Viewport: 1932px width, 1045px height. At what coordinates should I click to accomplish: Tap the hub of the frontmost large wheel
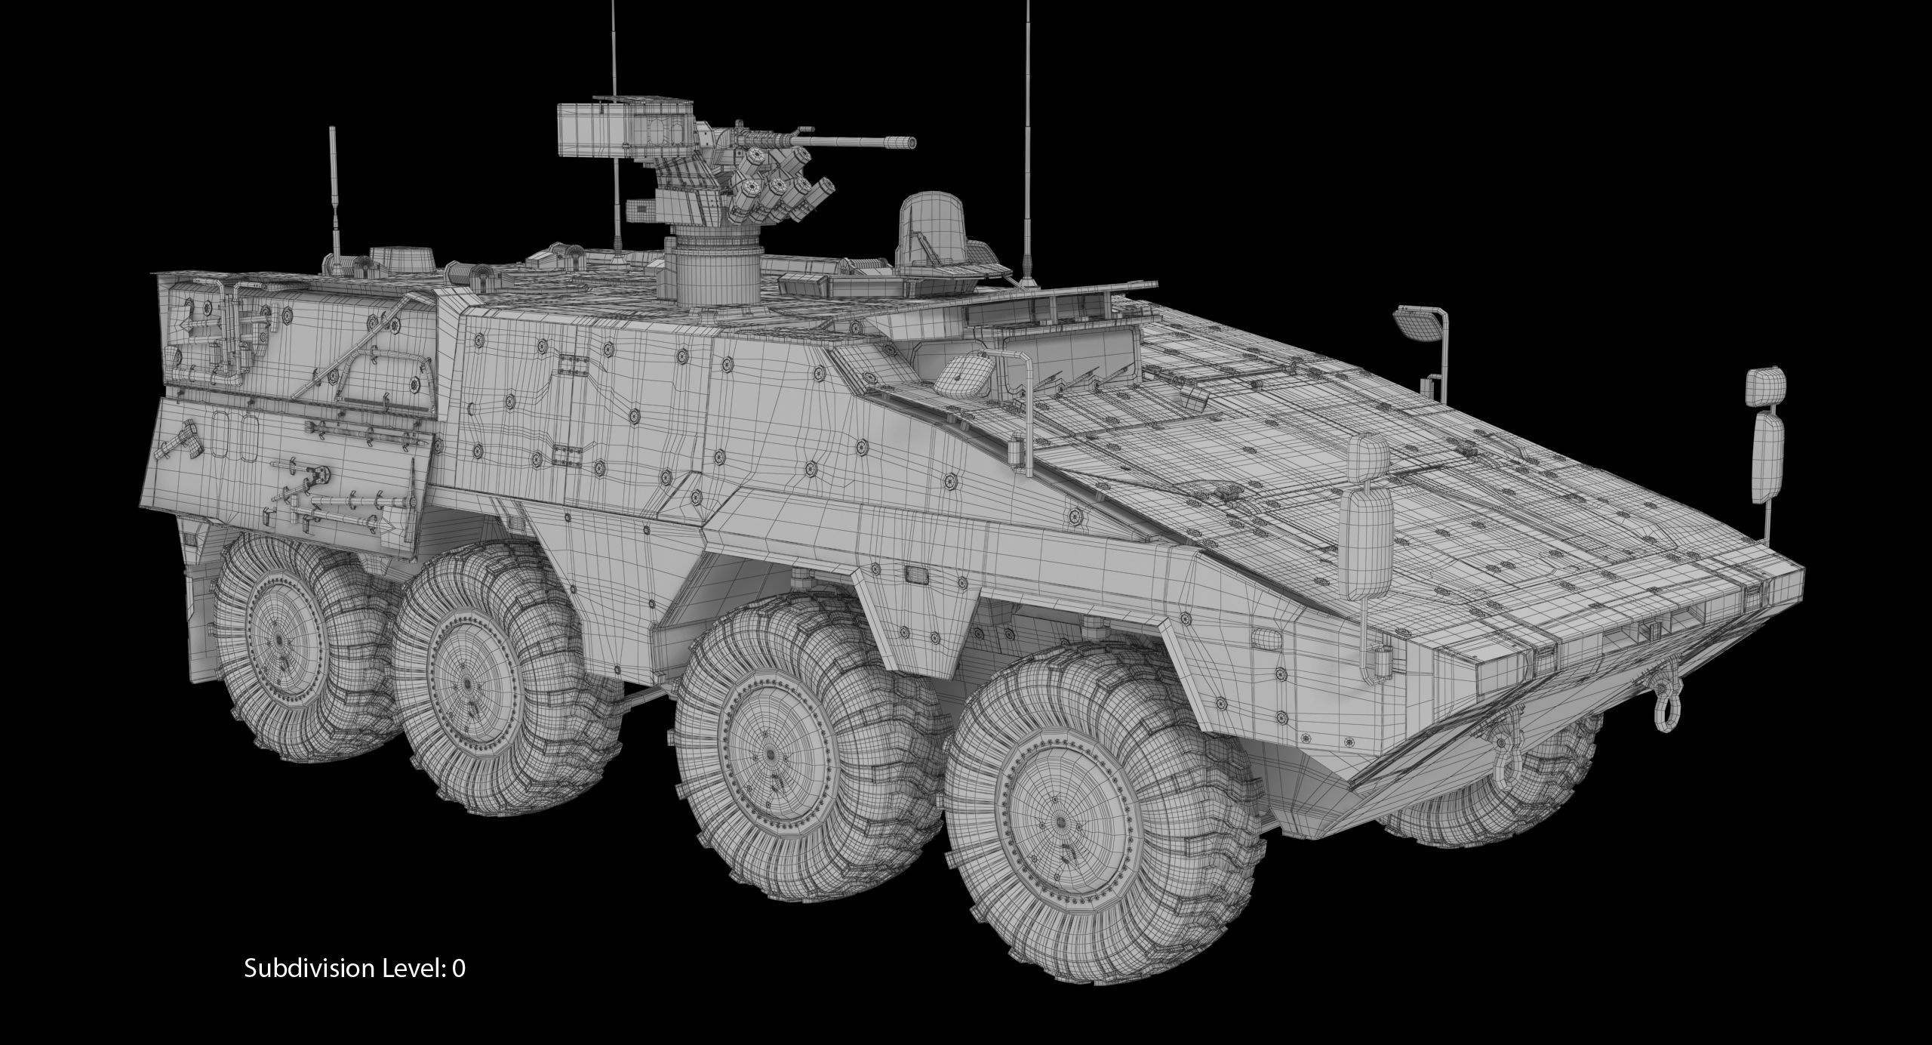[x=1062, y=822]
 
